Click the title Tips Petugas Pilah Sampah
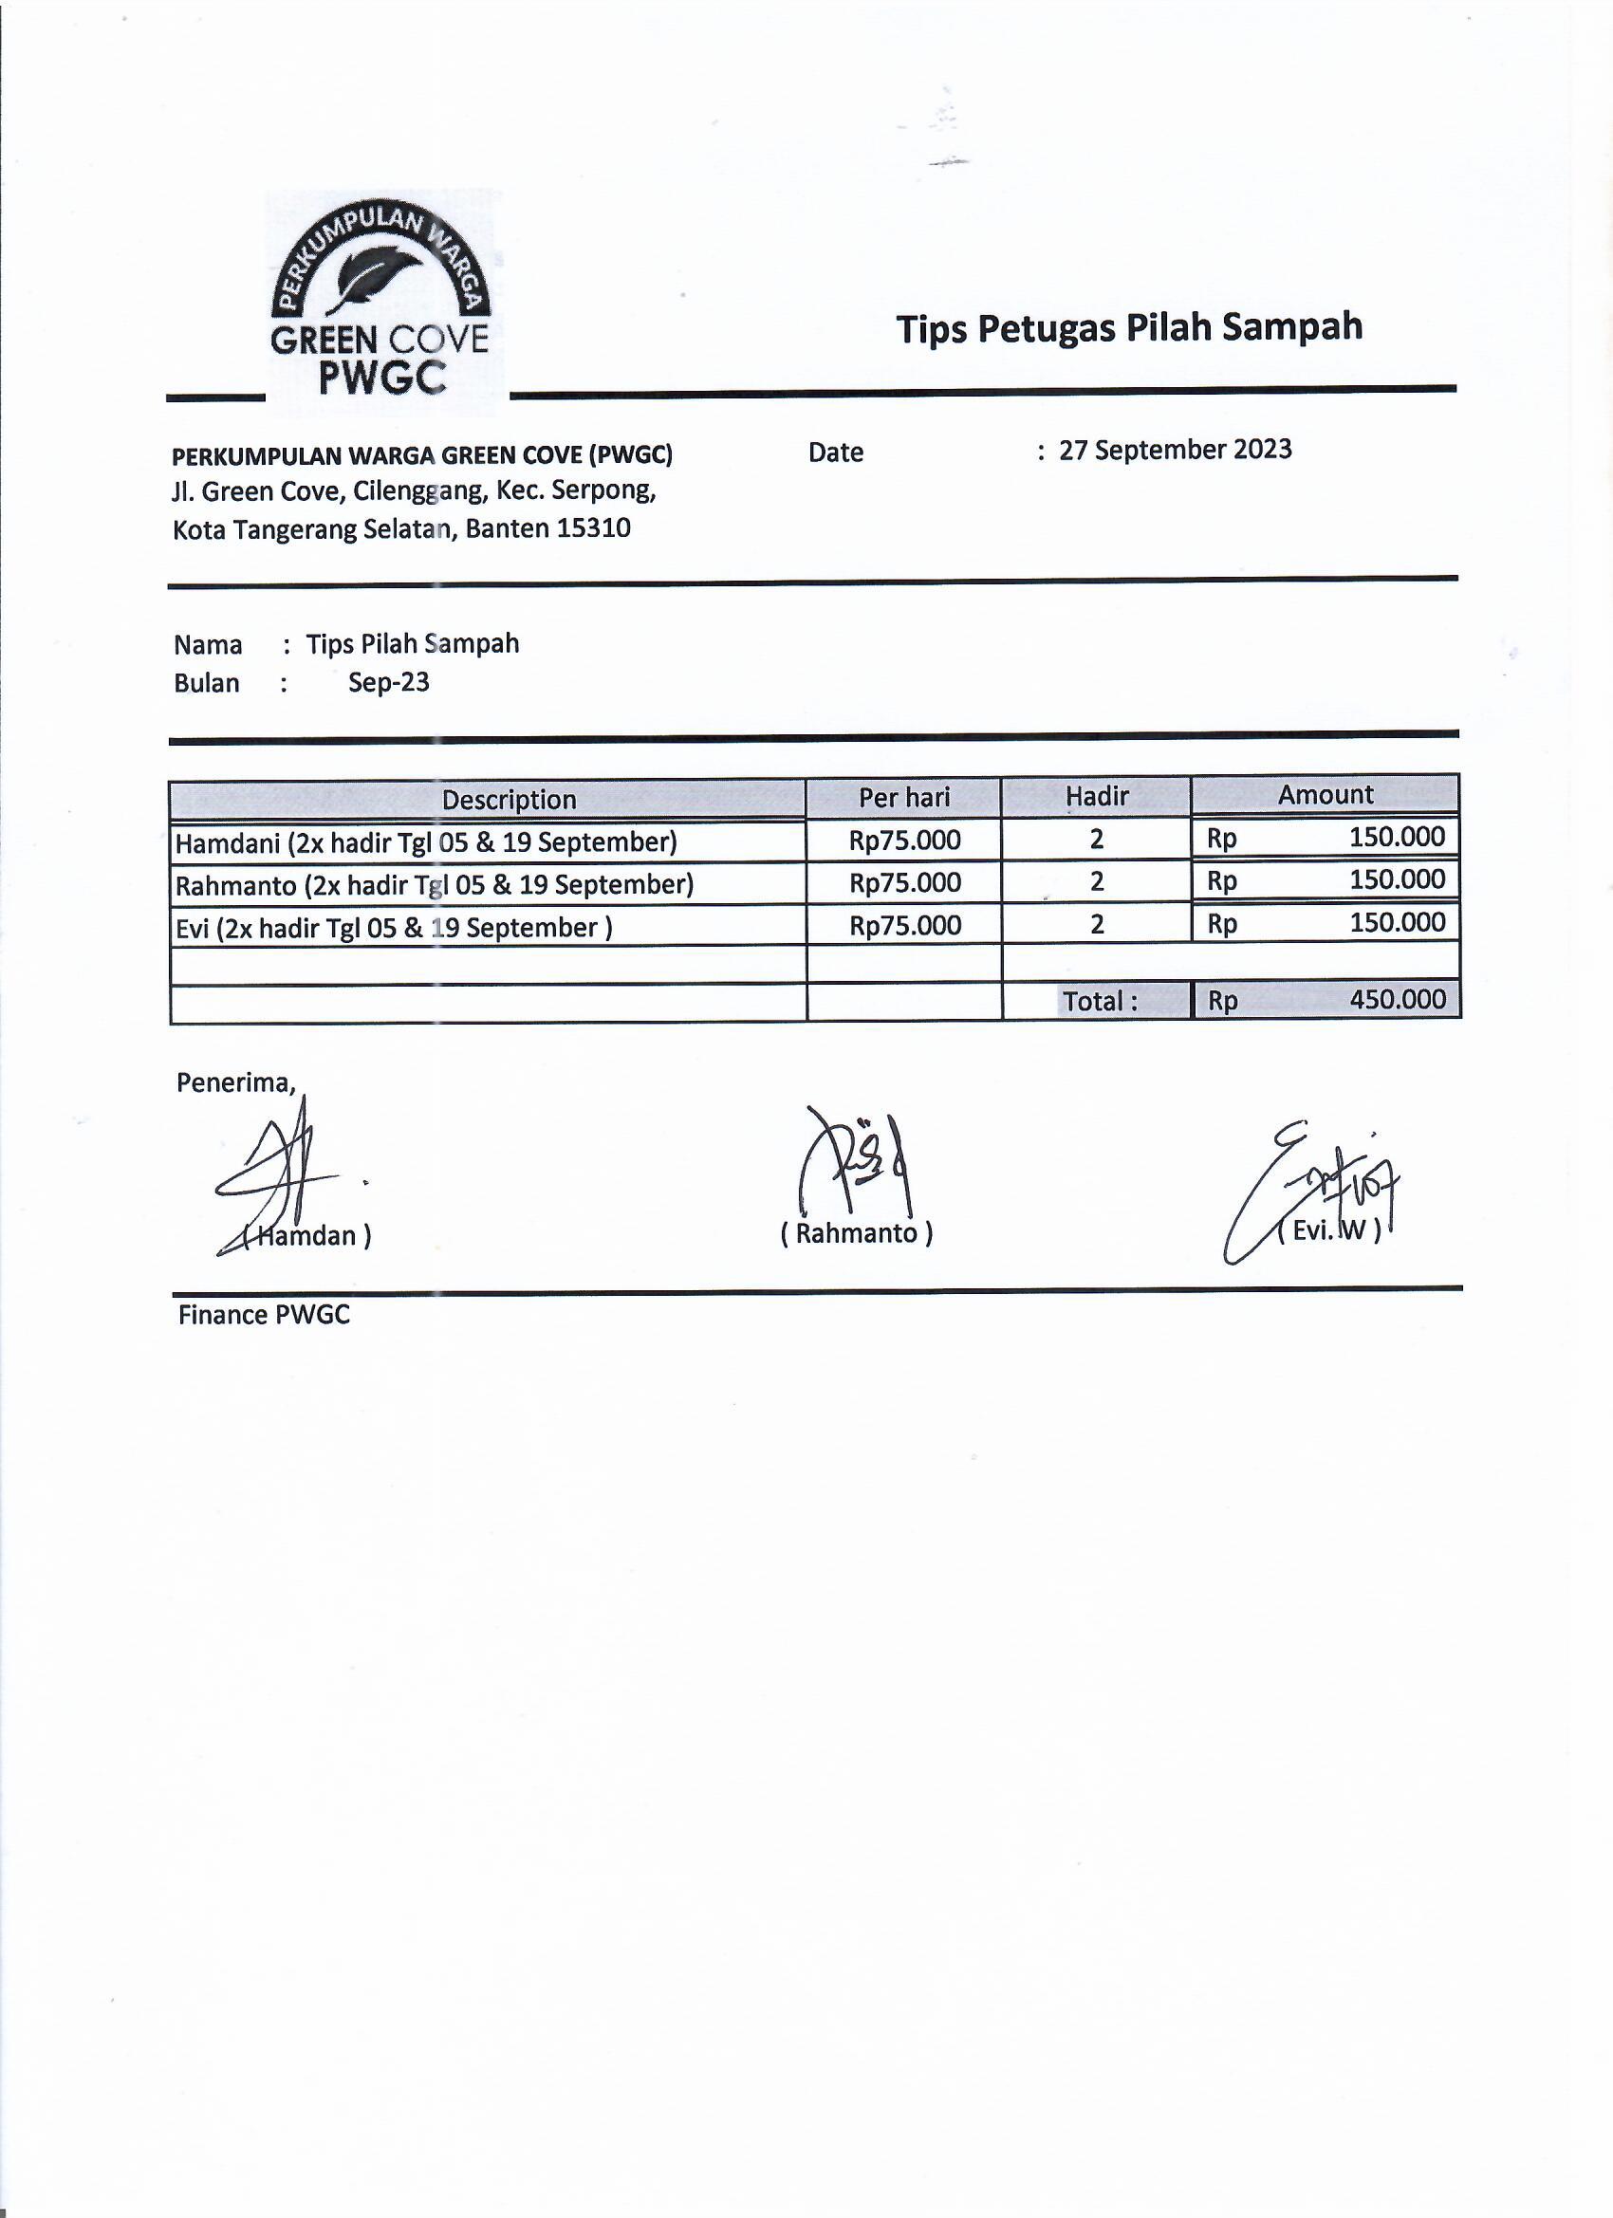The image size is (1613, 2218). [1129, 327]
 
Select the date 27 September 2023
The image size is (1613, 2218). [1175, 450]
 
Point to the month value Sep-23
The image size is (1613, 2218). [388, 683]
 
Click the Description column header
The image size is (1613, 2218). [509, 800]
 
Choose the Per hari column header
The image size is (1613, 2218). [904, 798]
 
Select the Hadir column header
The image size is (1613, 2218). [1097, 797]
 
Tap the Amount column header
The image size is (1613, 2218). [1326, 795]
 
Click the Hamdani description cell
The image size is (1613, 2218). [425, 842]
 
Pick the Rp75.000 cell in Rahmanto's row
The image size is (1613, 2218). [905, 883]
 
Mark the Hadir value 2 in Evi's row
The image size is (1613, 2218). [1097, 924]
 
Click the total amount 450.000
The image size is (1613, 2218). [1397, 1000]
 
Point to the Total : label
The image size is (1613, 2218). [1100, 1002]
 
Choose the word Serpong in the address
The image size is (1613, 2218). [603, 490]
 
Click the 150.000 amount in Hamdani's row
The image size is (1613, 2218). [1397, 837]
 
